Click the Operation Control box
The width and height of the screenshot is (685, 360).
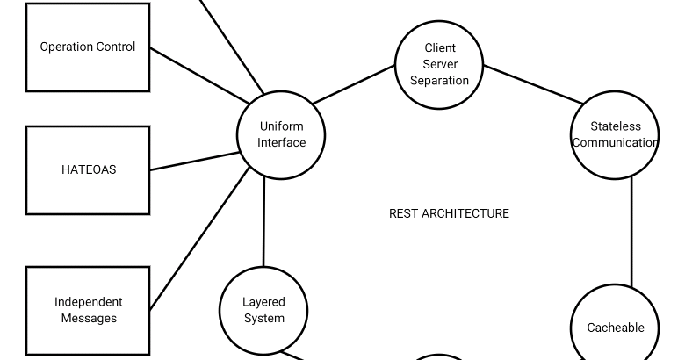click(88, 47)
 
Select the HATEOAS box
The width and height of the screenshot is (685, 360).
click(88, 170)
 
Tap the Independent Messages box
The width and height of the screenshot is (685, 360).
click(88, 310)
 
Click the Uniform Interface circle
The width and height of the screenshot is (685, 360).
click(281, 135)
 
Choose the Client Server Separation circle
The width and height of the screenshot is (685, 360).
click(439, 64)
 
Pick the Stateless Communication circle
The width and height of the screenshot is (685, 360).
click(615, 134)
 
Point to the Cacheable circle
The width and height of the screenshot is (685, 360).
click(615, 327)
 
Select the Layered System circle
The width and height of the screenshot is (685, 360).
click(263, 310)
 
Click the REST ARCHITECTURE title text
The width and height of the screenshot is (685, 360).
click(449, 213)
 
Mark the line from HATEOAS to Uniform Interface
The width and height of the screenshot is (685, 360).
click(194, 162)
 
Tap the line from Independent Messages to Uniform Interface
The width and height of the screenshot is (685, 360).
click(200, 238)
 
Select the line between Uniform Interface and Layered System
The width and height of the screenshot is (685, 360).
click(263, 222)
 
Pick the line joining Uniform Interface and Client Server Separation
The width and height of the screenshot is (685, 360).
click(353, 84)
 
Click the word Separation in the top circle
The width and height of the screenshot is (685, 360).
click(439, 81)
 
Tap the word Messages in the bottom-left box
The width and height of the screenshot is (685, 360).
click(88, 319)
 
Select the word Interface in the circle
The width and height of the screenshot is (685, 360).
click(281, 143)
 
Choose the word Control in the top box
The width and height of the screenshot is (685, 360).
click(116, 47)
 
